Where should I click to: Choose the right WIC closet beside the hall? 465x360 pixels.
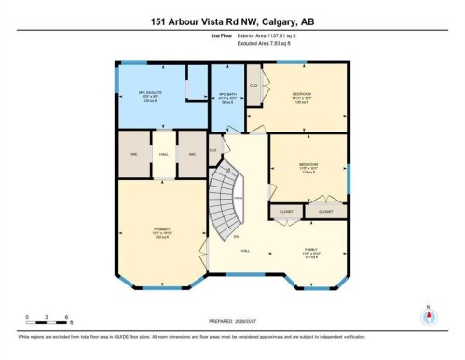tap(192, 154)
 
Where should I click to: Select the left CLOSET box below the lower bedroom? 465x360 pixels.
tap(285, 213)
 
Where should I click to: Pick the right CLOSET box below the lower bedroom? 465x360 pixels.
tap(325, 213)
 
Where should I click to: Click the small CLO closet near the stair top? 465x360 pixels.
tap(213, 148)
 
